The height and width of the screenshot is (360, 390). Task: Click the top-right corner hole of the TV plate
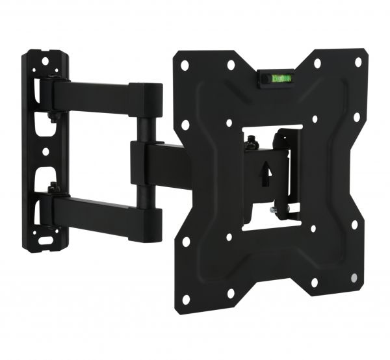pyautogui.click(x=357, y=62)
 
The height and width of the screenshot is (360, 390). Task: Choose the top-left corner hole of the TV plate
pyautogui.click(x=185, y=66)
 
